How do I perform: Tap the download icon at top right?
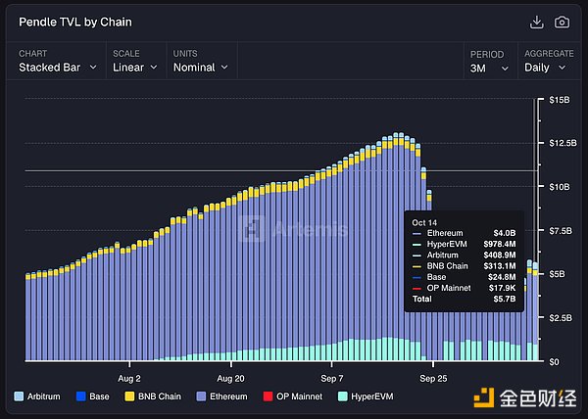(536, 22)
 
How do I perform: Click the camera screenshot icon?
(562, 22)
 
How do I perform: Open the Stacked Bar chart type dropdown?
(58, 68)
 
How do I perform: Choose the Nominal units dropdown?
(201, 68)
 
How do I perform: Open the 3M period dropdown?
(487, 68)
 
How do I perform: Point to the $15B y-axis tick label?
(559, 100)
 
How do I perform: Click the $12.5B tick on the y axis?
(562, 143)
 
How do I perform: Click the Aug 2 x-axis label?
(129, 377)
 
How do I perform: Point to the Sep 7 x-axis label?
(332, 377)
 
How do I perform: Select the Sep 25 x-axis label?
(433, 377)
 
